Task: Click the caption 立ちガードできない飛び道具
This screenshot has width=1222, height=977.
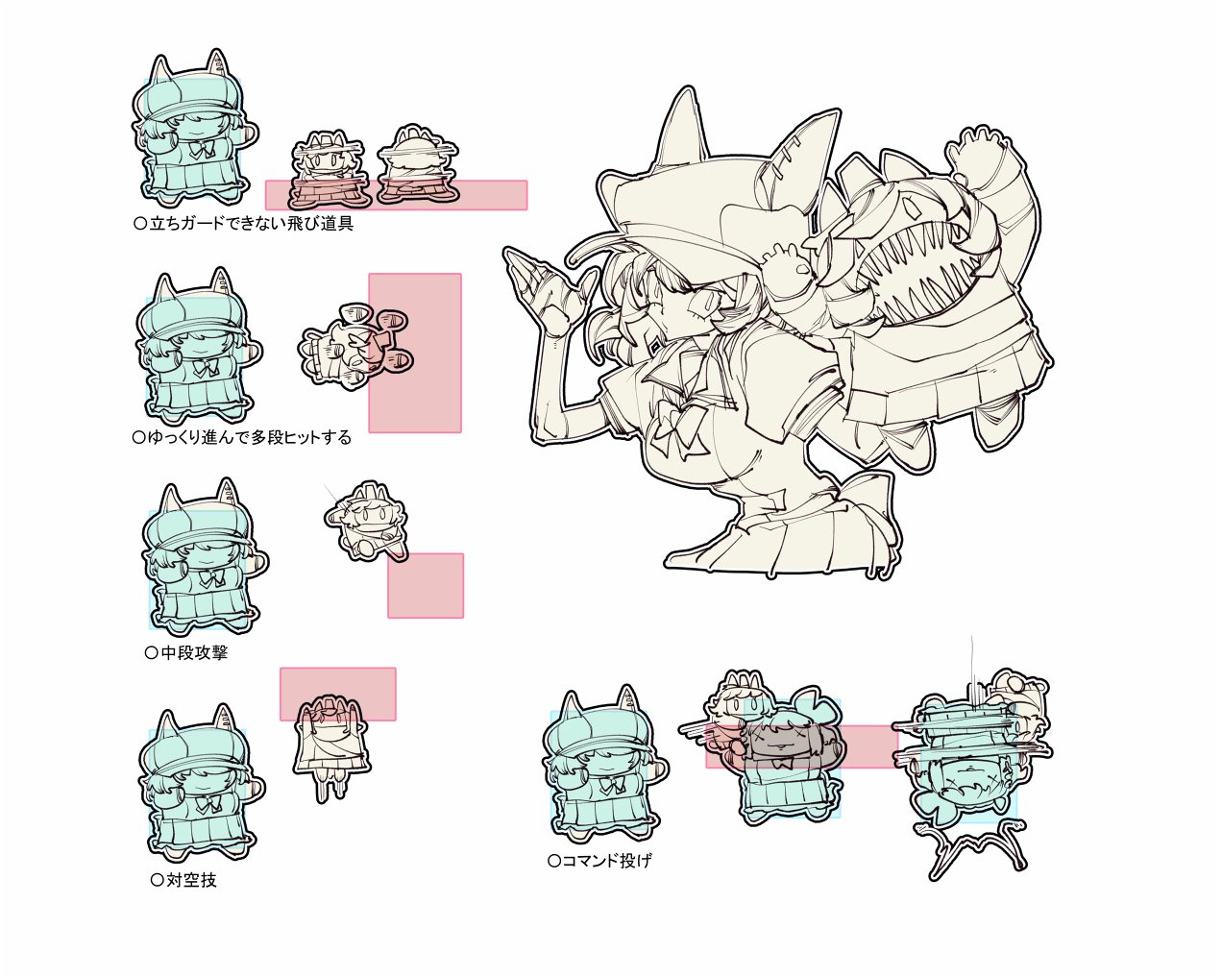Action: (244, 223)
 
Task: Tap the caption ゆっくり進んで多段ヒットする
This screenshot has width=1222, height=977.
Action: (242, 437)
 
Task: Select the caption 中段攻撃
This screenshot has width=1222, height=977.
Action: (186, 652)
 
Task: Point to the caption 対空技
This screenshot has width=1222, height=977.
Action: (184, 880)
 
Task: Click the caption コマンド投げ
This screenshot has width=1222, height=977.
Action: (599, 861)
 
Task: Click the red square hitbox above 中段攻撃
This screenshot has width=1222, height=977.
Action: (426, 585)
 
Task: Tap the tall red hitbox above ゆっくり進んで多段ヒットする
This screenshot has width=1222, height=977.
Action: (415, 353)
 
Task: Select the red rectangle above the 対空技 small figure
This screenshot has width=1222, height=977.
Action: (338, 695)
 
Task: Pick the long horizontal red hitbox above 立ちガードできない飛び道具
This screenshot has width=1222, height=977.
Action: (397, 195)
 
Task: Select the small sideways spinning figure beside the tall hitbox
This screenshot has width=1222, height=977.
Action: (354, 347)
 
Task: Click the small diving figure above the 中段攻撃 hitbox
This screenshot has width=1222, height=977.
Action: (366, 523)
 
